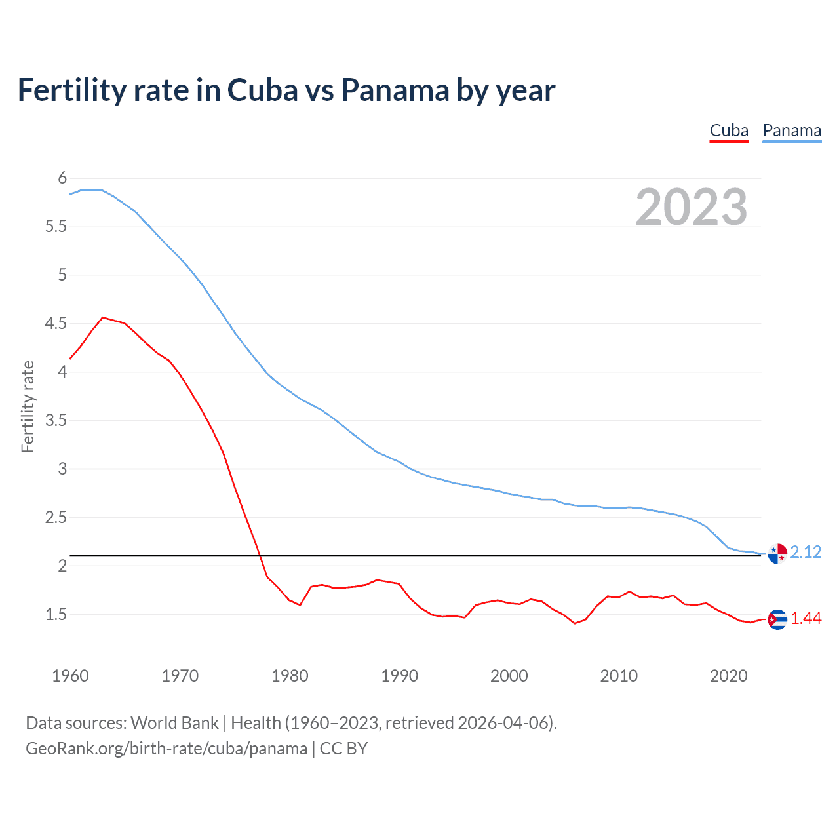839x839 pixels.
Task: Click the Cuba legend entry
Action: click(729, 131)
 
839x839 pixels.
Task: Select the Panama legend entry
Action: click(792, 131)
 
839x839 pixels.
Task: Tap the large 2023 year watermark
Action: click(692, 207)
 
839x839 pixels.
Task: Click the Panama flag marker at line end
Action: click(777, 554)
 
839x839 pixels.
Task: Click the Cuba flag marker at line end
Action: click(777, 619)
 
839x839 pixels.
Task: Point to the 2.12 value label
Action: click(806, 553)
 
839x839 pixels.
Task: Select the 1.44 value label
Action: click(806, 619)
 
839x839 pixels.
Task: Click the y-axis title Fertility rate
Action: click(28, 406)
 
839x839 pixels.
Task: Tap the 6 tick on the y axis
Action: click(62, 178)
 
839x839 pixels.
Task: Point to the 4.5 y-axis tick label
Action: click(56, 324)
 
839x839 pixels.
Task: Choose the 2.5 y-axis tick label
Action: click(56, 518)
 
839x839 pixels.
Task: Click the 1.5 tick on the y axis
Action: click(56, 615)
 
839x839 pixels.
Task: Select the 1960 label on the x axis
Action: click(70, 676)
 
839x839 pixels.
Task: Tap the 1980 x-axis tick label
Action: click(290, 676)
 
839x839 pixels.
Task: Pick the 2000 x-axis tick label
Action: click(509, 676)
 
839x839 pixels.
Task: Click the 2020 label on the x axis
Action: click(728, 676)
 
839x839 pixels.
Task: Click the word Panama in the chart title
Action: click(394, 90)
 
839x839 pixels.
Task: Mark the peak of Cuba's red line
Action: click(102, 317)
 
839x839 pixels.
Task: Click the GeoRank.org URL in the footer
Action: click(166, 749)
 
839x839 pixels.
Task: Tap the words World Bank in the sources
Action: click(174, 723)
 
